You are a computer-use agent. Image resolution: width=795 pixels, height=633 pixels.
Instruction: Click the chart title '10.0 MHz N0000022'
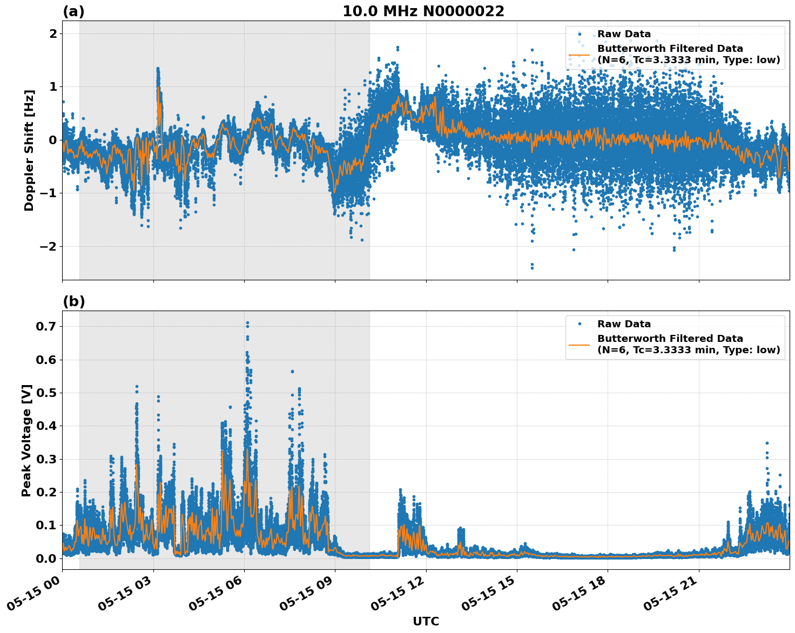[x=423, y=11]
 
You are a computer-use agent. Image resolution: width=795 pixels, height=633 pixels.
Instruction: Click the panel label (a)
[x=73, y=11]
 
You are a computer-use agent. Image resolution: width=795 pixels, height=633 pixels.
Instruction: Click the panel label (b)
[x=73, y=301]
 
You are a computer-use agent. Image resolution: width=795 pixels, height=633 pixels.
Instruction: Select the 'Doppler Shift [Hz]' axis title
[x=29, y=150]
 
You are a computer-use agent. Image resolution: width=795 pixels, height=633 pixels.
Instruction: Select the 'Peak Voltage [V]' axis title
[x=26, y=440]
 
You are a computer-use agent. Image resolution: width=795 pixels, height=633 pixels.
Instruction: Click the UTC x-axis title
[x=426, y=621]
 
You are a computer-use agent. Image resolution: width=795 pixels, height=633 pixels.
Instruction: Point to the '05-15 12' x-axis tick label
[x=400, y=596]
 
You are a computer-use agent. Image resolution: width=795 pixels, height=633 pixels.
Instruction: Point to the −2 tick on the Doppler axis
[x=49, y=246]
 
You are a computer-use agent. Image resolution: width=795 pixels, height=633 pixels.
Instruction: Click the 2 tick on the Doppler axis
[x=53, y=33]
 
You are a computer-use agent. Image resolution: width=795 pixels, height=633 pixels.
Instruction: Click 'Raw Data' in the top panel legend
[x=624, y=34]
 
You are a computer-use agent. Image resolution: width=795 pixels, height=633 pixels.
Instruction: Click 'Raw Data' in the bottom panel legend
[x=624, y=324]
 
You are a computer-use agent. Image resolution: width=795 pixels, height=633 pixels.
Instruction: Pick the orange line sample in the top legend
[x=580, y=55]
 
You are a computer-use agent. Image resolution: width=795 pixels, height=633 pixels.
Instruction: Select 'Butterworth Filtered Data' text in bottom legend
[x=670, y=339]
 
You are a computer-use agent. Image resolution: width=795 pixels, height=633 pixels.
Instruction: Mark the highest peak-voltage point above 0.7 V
[x=247, y=323]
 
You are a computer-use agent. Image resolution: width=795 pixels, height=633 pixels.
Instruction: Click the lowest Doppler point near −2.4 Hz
[x=532, y=267]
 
